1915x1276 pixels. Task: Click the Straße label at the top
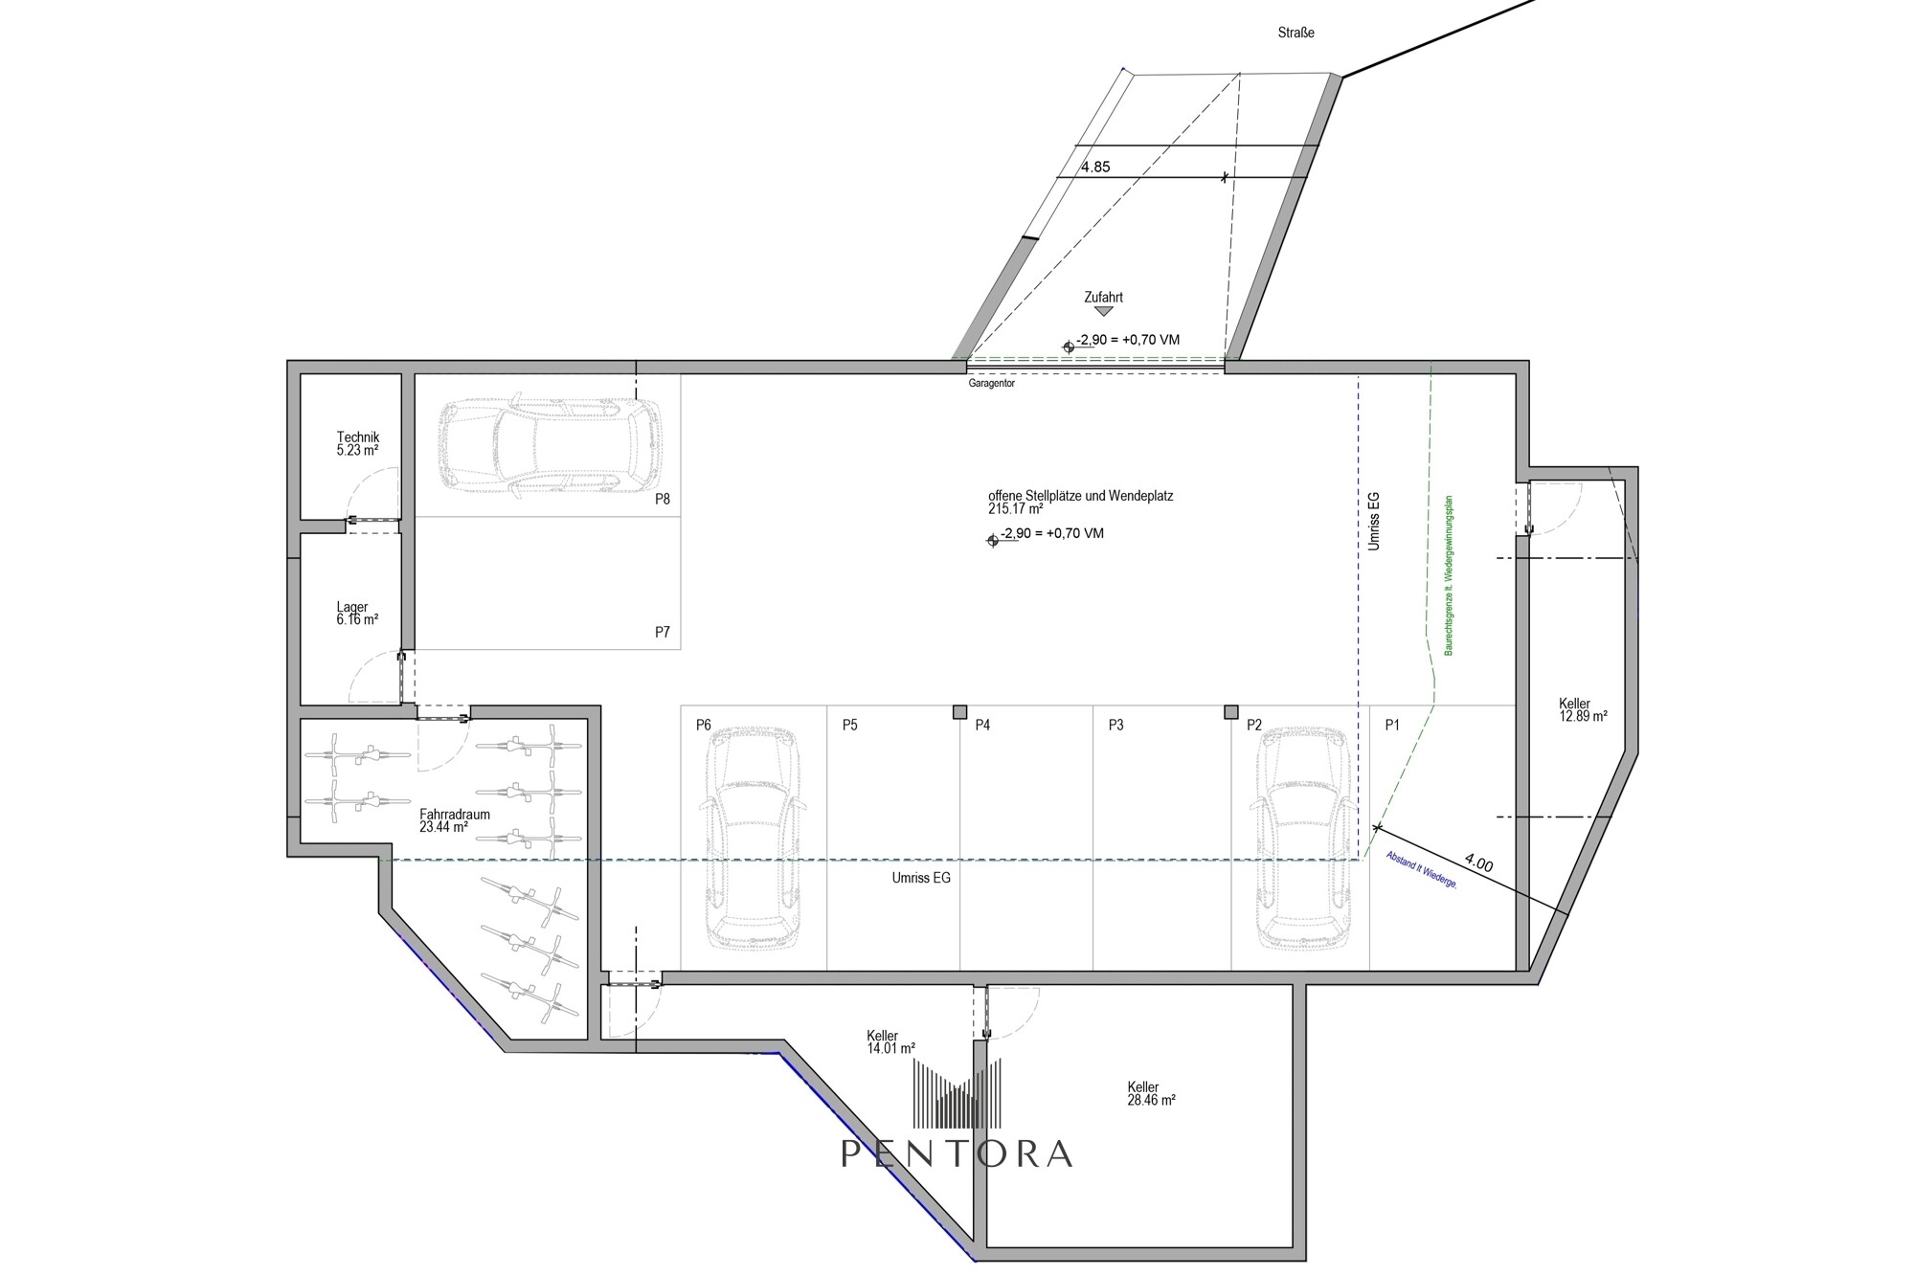1295,33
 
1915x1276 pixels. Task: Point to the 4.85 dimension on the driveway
1095,167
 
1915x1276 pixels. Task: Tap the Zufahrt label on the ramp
1103,297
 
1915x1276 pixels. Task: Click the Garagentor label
991,383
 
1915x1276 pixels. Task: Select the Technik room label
357,443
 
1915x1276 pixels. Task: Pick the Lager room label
357,613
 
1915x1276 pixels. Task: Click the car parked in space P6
753,838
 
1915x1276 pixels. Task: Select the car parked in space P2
1303,838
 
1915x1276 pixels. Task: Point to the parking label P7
663,632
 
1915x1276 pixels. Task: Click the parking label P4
982,725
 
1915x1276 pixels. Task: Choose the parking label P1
1392,725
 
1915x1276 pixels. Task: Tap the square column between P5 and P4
959,711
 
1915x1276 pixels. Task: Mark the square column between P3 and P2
1231,711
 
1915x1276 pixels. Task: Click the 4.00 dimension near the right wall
1479,863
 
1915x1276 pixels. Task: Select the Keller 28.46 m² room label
1151,1093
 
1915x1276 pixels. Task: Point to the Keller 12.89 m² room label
1583,709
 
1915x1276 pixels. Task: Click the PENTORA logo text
957,1153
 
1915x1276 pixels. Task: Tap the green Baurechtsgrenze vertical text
1450,575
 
